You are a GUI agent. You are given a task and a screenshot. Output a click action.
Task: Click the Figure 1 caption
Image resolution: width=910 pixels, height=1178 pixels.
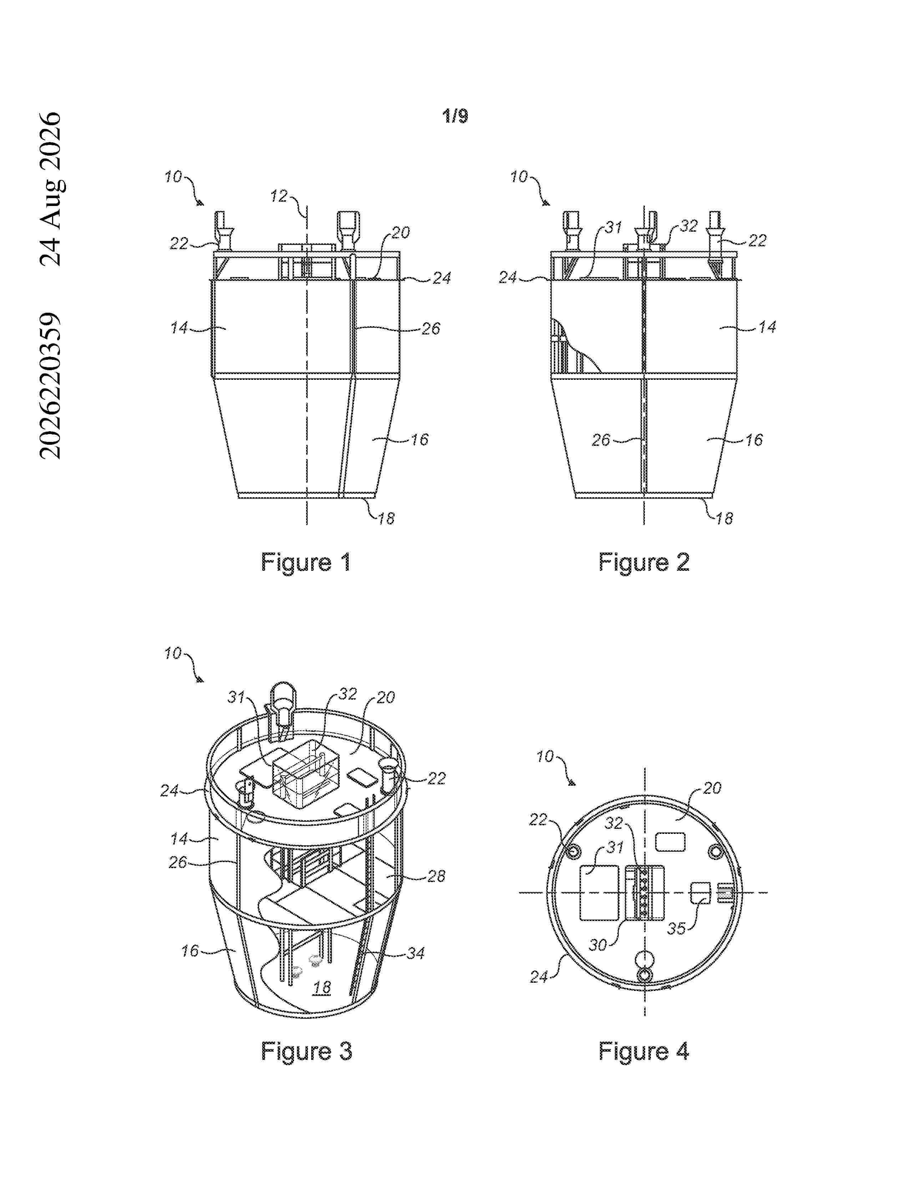coord(306,563)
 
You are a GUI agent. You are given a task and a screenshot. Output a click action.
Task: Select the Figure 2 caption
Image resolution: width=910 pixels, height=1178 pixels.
coord(644,563)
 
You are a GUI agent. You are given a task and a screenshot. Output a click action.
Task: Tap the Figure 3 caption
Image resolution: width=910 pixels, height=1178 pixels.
coord(306,1051)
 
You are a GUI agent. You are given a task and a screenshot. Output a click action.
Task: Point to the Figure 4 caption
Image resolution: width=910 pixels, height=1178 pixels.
coord(644,1051)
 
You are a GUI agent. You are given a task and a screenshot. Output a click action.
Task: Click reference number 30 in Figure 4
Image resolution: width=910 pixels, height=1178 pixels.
coord(597,945)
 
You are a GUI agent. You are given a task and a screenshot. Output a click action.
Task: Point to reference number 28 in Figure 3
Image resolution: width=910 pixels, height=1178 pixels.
coord(436,876)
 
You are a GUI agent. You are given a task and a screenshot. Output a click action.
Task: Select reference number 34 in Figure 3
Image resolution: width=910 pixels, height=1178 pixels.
coord(416,953)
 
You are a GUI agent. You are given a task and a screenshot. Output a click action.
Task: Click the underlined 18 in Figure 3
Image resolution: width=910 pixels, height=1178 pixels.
coord(322,988)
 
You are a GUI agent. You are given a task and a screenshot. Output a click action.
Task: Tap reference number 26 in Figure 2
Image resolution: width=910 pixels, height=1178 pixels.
coord(601,440)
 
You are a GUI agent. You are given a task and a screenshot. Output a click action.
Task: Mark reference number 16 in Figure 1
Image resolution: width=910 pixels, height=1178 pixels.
coord(419,439)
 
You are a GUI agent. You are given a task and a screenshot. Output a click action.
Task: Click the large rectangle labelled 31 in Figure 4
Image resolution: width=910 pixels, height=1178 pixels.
coord(598,893)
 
